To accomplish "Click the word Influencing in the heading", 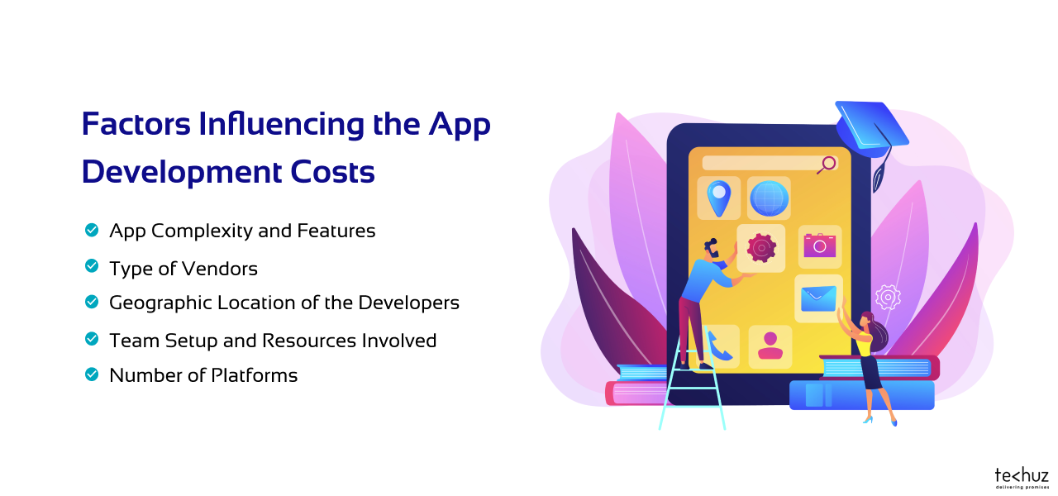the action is (x=281, y=124).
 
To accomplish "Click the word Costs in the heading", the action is (x=332, y=171).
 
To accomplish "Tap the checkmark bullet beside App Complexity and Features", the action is (x=92, y=230).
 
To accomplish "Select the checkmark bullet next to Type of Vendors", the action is (x=92, y=266).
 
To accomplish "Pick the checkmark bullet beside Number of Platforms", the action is (x=92, y=374).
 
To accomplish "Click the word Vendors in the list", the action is (x=220, y=269).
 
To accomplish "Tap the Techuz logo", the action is (x=1022, y=478).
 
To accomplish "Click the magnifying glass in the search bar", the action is (x=827, y=165).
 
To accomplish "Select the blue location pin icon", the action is (x=719, y=198).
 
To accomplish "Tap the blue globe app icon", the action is (x=769, y=198).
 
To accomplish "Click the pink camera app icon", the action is (x=819, y=246).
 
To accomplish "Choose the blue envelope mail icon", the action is (x=818, y=298).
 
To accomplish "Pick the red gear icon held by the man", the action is (x=761, y=248).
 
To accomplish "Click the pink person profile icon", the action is (x=770, y=346).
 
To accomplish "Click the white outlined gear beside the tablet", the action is (x=888, y=298).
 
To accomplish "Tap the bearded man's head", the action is (x=712, y=249).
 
